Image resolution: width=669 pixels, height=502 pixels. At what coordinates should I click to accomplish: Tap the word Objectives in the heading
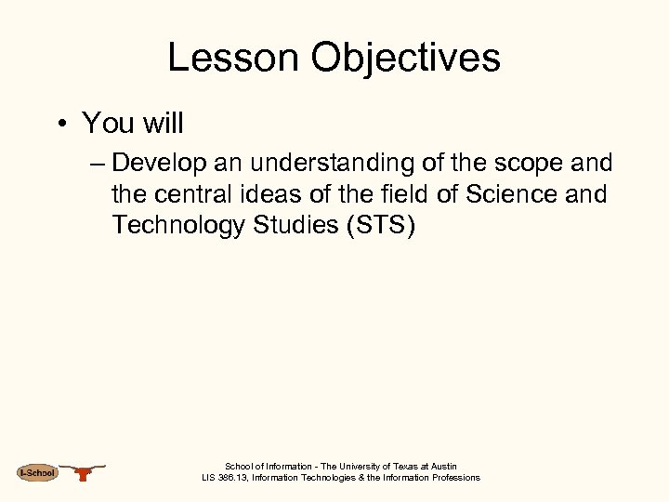pyautogui.click(x=406, y=58)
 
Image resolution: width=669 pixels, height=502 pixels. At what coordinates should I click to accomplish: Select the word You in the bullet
pyautogui.click(x=102, y=123)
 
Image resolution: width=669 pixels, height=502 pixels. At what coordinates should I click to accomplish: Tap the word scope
pyautogui.click(x=523, y=164)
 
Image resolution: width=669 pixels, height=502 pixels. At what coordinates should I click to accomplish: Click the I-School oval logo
pyautogui.click(x=37, y=473)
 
